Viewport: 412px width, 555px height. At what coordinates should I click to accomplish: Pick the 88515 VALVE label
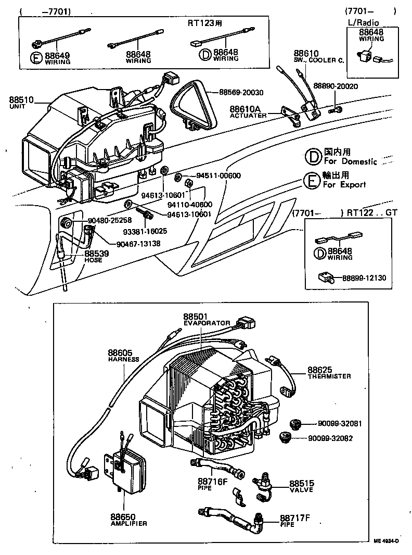click(x=302, y=485)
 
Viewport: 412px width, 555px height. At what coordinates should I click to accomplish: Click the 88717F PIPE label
click(x=294, y=520)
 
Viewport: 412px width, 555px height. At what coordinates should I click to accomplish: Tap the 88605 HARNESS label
click(x=123, y=355)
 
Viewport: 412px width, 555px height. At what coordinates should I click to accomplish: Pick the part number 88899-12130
click(x=364, y=279)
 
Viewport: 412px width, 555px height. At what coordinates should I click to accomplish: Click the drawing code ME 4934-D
click(x=386, y=541)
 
